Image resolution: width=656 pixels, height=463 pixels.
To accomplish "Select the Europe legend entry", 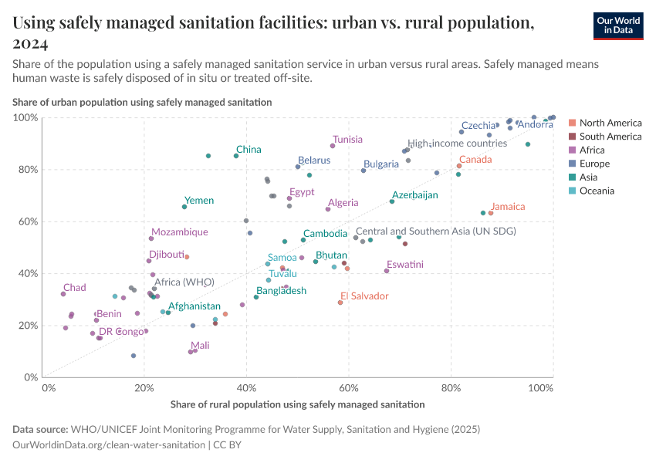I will [x=594, y=164].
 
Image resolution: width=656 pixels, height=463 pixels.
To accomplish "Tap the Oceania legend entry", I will [x=597, y=191].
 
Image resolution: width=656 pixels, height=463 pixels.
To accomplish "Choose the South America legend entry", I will [x=610, y=137].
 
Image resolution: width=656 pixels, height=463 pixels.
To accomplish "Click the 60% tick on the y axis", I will [x=25, y=221].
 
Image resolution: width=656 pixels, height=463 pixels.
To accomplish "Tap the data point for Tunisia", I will [x=333, y=146].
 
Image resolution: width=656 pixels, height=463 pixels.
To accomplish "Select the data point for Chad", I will [x=63, y=294].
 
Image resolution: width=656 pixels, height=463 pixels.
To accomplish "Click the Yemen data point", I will [x=184, y=207].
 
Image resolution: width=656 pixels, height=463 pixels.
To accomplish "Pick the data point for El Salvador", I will [x=340, y=302].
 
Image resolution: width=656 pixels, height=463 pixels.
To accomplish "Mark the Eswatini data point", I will [x=387, y=271].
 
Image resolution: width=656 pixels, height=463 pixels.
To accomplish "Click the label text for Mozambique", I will [x=179, y=232].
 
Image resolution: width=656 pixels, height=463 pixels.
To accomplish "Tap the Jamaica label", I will [x=508, y=207].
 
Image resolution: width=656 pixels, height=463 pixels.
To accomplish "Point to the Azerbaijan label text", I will [x=414, y=195].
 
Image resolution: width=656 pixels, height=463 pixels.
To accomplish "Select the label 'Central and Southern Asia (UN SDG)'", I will [x=435, y=231].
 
